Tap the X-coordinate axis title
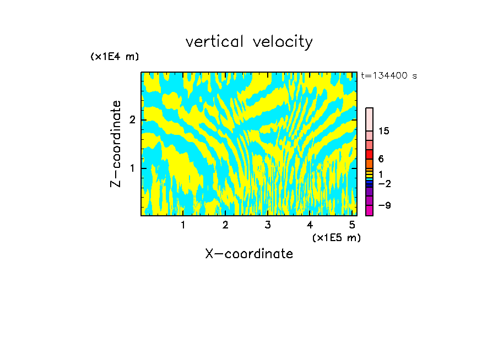249,254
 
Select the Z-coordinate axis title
116,144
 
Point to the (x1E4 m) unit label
115,57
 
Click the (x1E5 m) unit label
336,237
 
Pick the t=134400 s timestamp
389,76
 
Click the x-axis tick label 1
183,225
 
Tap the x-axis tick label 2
225,225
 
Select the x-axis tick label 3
268,225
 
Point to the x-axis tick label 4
310,225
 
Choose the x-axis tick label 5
353,225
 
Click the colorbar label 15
384,131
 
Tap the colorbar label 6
381,159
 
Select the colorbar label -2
384,183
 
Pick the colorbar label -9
384,205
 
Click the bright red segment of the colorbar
369,154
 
